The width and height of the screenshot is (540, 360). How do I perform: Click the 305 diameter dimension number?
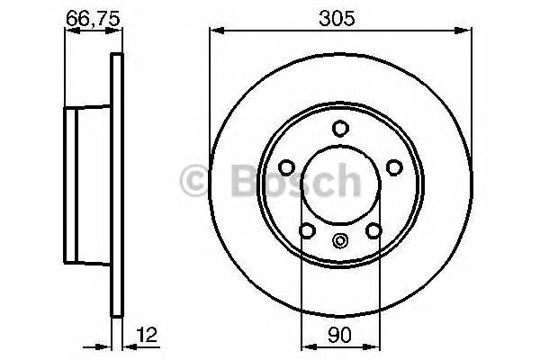click(340, 16)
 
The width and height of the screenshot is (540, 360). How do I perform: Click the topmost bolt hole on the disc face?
click(340, 128)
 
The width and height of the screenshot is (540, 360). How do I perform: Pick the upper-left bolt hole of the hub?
click(287, 166)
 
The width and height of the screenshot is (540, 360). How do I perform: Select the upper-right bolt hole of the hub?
click(393, 166)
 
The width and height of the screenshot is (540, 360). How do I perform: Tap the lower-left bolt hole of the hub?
click(307, 231)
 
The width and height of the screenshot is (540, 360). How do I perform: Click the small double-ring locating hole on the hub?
click(340, 239)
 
